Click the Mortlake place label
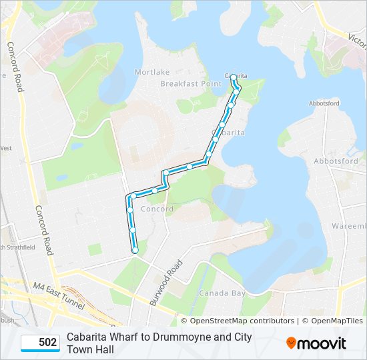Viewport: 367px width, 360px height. click(x=152, y=72)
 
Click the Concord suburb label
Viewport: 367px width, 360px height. click(x=158, y=209)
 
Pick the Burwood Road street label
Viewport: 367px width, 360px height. click(x=166, y=283)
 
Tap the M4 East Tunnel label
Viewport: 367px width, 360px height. click(x=59, y=296)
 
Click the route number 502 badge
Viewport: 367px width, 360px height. click(x=40, y=343)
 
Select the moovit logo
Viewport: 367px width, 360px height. click(x=316, y=343)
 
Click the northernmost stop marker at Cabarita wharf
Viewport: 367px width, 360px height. click(x=234, y=76)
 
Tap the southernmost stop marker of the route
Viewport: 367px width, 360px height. click(x=135, y=250)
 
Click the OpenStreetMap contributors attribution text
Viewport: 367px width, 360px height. click(x=237, y=321)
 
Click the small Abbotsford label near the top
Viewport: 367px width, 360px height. click(x=324, y=103)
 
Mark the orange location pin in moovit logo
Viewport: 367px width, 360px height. click(x=291, y=343)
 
